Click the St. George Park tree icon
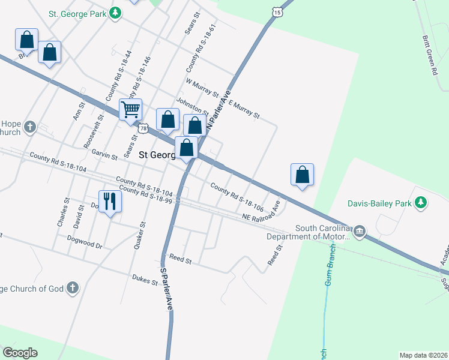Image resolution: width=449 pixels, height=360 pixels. pos(116,13)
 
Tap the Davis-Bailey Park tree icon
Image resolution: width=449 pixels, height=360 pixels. pos(421,203)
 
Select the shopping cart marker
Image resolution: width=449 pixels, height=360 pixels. pos(130,110)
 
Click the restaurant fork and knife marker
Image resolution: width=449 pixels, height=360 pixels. pos(109,200)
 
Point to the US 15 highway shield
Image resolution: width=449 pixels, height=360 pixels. pos(276,12)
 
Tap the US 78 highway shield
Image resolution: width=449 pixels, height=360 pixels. pos(143,128)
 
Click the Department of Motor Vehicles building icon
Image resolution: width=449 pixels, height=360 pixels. pos(359,232)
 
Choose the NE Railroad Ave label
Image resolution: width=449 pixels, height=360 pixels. pos(261,216)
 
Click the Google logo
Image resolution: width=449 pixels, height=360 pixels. pos(20,353)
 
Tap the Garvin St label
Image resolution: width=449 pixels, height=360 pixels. pos(104,155)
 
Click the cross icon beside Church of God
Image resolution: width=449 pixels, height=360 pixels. pos(73,289)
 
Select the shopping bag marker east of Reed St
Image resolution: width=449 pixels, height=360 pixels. pos(302,175)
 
